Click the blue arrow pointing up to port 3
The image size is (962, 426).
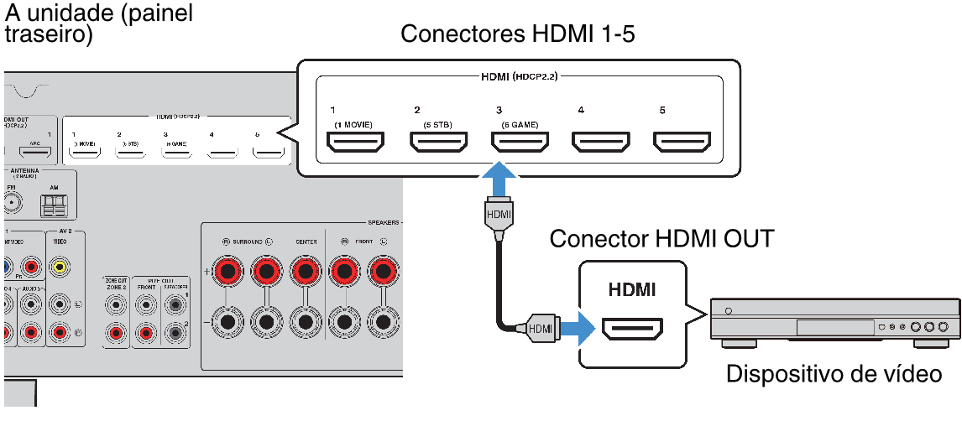499,179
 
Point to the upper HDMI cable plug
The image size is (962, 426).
499,215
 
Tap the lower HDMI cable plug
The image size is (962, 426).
540,329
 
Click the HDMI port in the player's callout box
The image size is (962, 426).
632,329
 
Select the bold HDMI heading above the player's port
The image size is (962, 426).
632,291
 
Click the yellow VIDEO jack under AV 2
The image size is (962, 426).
59,268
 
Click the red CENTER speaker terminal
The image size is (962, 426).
306,271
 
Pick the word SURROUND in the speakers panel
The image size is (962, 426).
248,242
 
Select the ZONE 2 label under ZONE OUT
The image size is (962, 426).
116,286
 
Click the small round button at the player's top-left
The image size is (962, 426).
727,311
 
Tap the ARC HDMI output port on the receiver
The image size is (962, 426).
36,153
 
